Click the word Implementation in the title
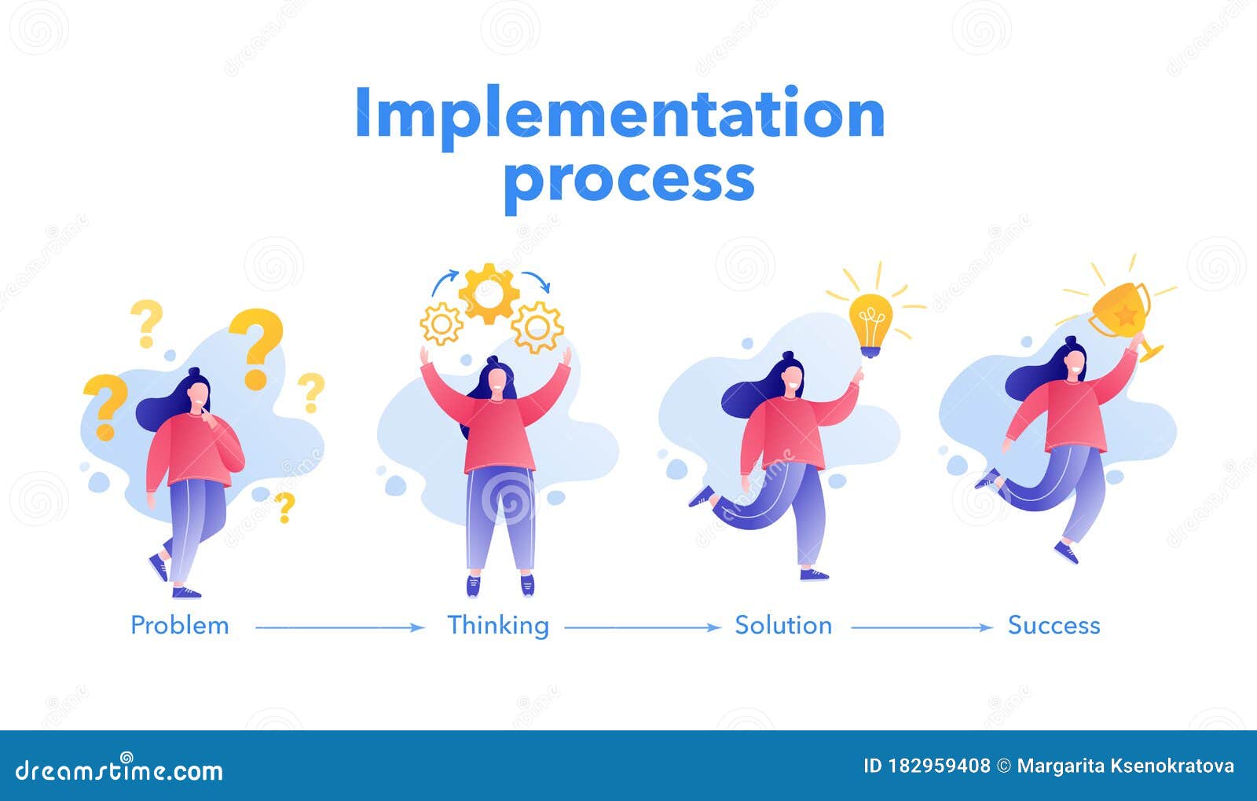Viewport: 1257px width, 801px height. click(620, 114)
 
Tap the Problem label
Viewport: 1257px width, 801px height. click(180, 626)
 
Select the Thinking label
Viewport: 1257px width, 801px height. click(498, 626)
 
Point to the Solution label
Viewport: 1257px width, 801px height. click(783, 626)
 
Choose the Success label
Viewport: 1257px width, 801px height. click(1054, 626)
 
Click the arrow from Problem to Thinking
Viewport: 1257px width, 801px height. click(339, 627)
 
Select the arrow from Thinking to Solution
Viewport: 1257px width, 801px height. click(642, 627)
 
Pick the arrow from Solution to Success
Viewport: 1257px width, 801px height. click(922, 627)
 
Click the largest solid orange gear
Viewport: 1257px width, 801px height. click(489, 294)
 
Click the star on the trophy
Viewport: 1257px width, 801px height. click(1126, 315)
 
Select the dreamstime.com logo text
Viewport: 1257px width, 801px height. click(119, 771)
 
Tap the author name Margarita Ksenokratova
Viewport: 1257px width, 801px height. click(1125, 766)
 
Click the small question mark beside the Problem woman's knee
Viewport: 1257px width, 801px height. click(284, 507)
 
